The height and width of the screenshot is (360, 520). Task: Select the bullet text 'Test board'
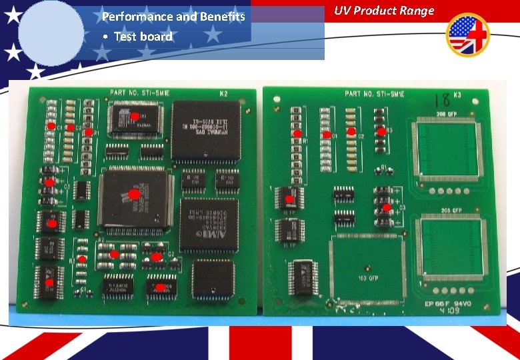point(143,37)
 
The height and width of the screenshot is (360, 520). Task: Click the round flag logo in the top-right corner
point(467,35)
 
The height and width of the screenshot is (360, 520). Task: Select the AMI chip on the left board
point(209,224)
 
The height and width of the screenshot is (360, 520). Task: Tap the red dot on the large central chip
point(134,195)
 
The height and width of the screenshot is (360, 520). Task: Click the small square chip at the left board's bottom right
point(213,278)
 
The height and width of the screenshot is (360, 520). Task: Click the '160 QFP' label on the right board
point(369,277)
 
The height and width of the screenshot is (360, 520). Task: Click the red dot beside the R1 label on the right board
point(297,133)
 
